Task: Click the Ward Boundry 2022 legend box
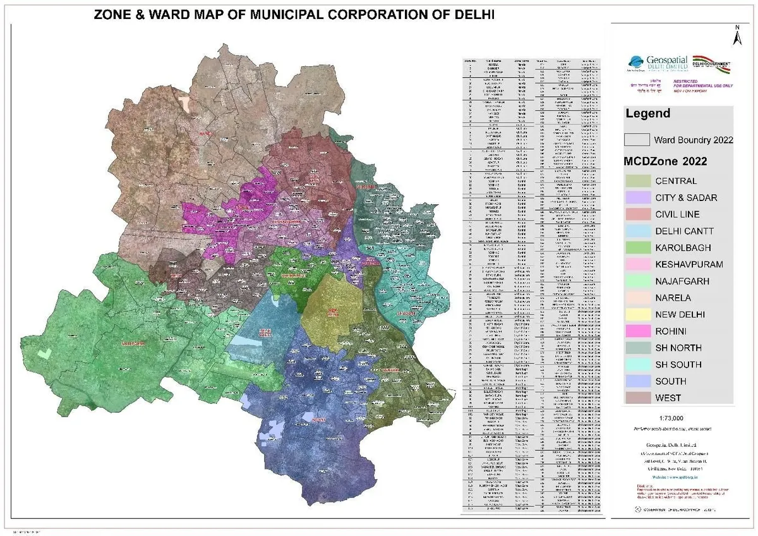coord(637,140)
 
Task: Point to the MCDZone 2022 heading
coord(665,161)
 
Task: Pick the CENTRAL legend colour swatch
coord(637,181)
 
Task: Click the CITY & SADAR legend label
coord(686,198)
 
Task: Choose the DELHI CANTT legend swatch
coord(637,231)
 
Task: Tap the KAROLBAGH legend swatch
coord(637,248)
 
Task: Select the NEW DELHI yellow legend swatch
coord(637,314)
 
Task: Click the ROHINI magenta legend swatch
coord(637,331)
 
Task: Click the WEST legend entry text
coord(668,398)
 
